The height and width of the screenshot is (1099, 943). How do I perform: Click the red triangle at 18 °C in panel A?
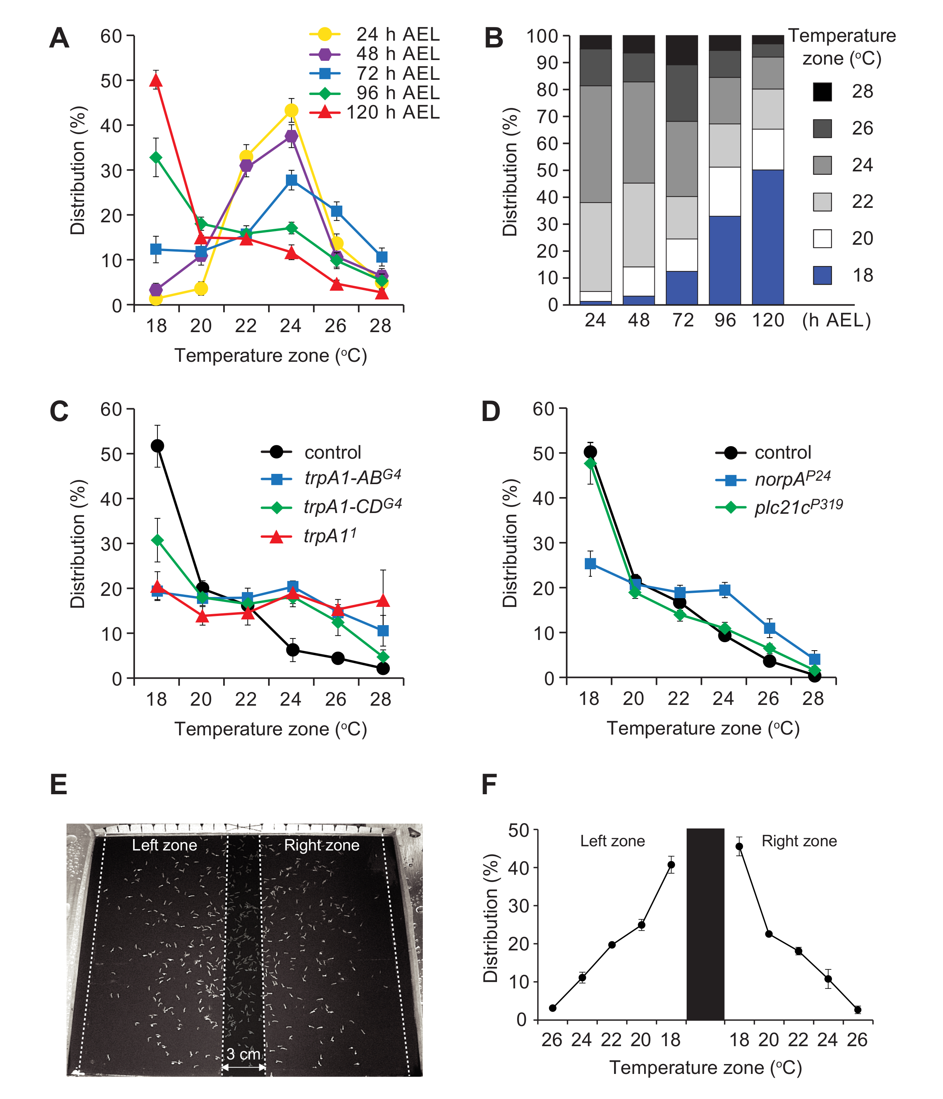pyautogui.click(x=156, y=81)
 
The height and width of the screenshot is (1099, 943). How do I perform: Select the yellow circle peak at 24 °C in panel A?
pyautogui.click(x=291, y=110)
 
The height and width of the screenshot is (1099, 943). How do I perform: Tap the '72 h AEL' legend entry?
pyautogui.click(x=397, y=73)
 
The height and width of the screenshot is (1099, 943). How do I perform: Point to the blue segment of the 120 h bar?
pyautogui.click(x=767, y=237)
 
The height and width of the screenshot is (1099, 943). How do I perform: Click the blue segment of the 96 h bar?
pyautogui.click(x=724, y=260)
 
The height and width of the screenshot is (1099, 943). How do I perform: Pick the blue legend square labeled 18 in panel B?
pyautogui.click(x=822, y=275)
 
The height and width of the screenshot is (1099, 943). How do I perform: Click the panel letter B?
pyautogui.click(x=494, y=38)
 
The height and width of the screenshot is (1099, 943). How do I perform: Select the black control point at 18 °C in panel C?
pyautogui.click(x=157, y=445)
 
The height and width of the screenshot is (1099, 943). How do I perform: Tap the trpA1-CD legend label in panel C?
pyautogui.click(x=352, y=507)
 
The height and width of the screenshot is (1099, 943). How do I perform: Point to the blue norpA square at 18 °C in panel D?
pyautogui.click(x=590, y=563)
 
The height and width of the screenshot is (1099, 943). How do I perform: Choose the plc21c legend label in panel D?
pyautogui.click(x=799, y=507)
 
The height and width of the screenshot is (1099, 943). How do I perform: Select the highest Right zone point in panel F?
pyautogui.click(x=739, y=847)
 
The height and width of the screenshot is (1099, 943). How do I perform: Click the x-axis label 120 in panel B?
pyautogui.click(x=768, y=320)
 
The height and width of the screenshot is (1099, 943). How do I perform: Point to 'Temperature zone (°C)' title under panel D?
pyautogui.click(x=703, y=728)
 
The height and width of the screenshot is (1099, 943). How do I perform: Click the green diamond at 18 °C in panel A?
pyautogui.click(x=156, y=158)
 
